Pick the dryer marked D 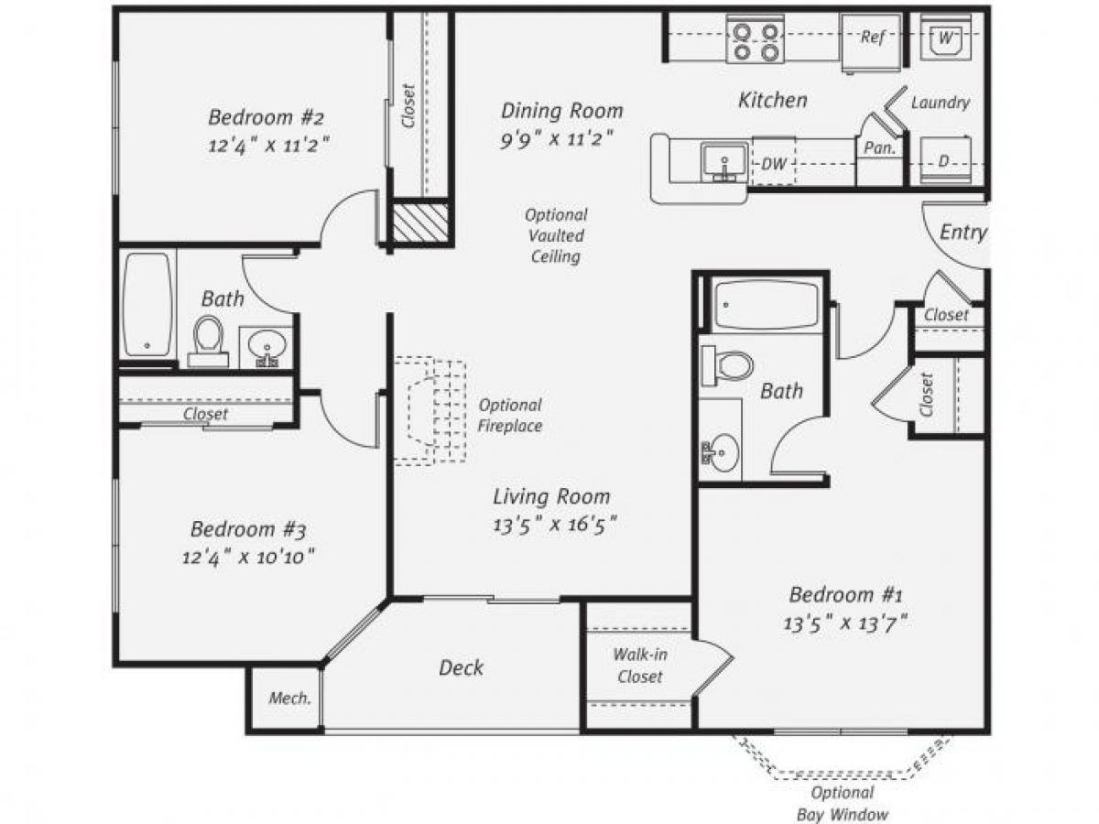pyautogui.click(x=944, y=161)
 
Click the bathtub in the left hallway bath pyautogui.click(x=147, y=304)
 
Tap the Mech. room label pyautogui.click(x=289, y=698)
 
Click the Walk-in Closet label pyautogui.click(x=637, y=666)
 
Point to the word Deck pyautogui.click(x=461, y=667)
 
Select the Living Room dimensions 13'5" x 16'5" pyautogui.click(x=553, y=525)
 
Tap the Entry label pyautogui.click(x=963, y=233)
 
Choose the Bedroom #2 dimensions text pyautogui.click(x=268, y=145)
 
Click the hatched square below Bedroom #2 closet pyautogui.click(x=420, y=222)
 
